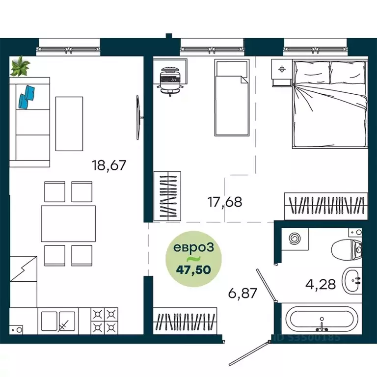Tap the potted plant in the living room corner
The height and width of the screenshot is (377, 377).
pyautogui.click(x=21, y=66)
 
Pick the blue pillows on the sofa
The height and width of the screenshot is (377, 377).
pyautogui.click(x=27, y=96)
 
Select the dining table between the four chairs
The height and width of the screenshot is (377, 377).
pyautogui.click(x=68, y=223)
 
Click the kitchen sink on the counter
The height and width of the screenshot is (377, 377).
pyautogui.click(x=58, y=321)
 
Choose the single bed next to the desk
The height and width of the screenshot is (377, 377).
pyautogui.click(x=232, y=98)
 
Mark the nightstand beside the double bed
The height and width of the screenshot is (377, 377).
pyautogui.click(x=282, y=71)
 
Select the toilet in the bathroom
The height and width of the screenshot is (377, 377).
pyautogui.click(x=348, y=248)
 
